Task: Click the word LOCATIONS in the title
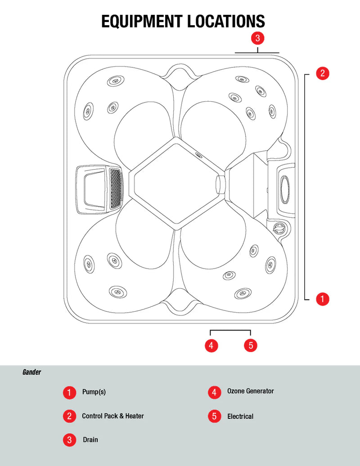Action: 226,22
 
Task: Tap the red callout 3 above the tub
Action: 257,38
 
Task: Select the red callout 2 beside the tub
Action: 323,73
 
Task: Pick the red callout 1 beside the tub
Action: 323,299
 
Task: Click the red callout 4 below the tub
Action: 211,345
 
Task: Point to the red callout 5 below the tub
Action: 251,345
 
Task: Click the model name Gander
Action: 31,372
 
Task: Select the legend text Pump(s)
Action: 94,392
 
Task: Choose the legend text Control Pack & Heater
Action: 113,416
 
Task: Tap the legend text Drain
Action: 90,439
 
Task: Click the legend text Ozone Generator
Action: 251,391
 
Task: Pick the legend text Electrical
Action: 240,417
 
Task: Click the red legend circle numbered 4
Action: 214,392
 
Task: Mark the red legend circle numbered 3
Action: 69,439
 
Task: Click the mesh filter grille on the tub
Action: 116,189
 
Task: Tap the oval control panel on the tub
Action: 285,189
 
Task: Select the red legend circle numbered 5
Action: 214,416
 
